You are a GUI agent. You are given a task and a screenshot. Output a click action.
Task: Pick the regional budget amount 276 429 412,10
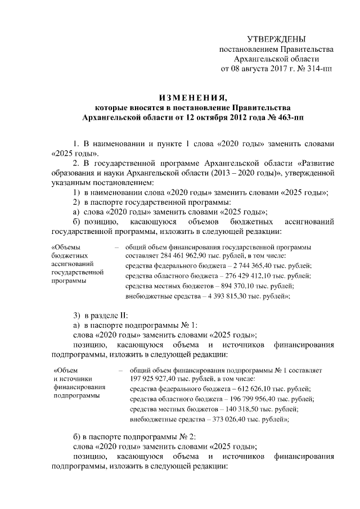click(x=244, y=276)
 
